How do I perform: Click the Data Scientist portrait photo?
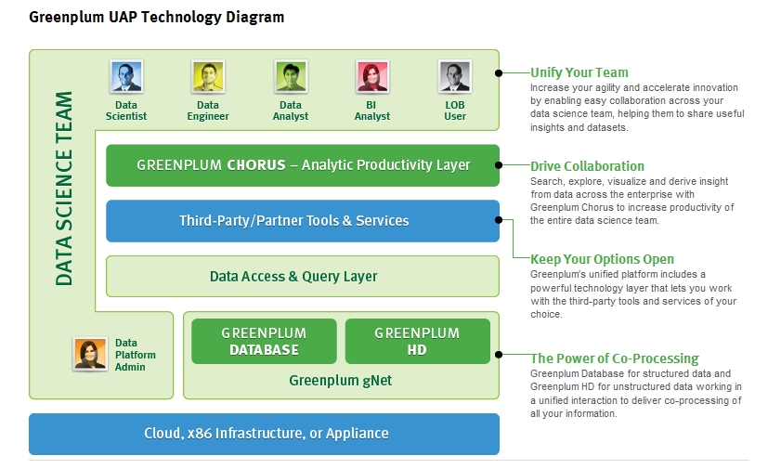coord(126,77)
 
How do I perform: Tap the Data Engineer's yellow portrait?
coord(208,77)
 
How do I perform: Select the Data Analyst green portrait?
coord(291,77)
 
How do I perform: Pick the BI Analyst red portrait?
coord(372,77)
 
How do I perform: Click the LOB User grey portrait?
coord(455,77)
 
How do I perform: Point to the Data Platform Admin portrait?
coord(90,354)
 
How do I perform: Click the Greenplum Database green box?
coord(264,341)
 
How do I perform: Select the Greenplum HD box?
coord(417,341)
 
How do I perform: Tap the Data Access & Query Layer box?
coord(303,277)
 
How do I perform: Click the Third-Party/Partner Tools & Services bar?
coord(303,220)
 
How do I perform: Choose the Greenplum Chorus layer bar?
coord(303,165)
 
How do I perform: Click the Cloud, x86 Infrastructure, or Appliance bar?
coord(264,434)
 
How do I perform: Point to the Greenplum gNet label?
coord(341,381)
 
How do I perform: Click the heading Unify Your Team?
coord(579,72)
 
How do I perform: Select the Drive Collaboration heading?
coord(587,166)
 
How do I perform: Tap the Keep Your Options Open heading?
coord(602,259)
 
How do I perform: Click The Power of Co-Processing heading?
coord(615,358)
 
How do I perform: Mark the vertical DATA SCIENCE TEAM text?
coord(64,189)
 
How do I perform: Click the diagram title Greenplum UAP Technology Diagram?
coord(156,18)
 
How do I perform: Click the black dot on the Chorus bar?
coord(499,164)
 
